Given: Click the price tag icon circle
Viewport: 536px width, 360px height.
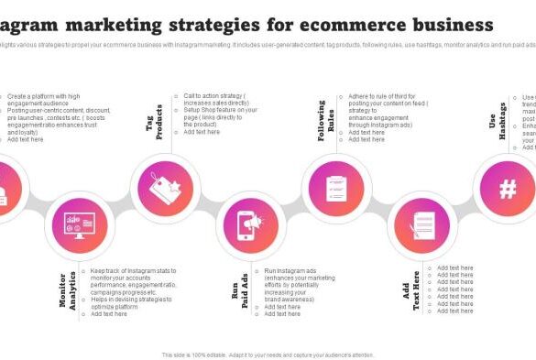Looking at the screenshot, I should coord(166,188).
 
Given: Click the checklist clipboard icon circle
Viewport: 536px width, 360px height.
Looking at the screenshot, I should coord(336,188).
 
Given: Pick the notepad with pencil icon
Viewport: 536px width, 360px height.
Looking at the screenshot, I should coord(422,224).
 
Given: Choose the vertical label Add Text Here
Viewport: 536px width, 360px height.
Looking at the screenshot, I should coord(413,290).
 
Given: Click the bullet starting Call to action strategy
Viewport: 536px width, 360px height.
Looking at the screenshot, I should coord(215,99).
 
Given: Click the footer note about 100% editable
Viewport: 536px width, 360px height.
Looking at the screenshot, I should coord(268,355).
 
